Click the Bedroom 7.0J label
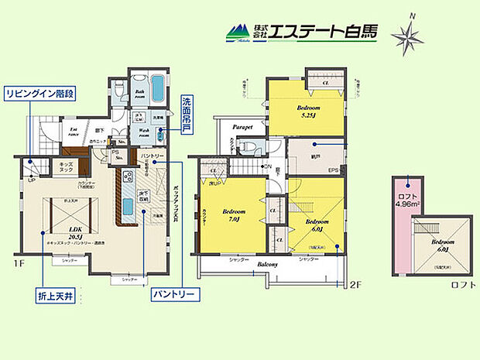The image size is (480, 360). tap(233, 215)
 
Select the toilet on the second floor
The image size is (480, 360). tap(246, 146)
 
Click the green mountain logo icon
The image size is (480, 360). tap(238, 33)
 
